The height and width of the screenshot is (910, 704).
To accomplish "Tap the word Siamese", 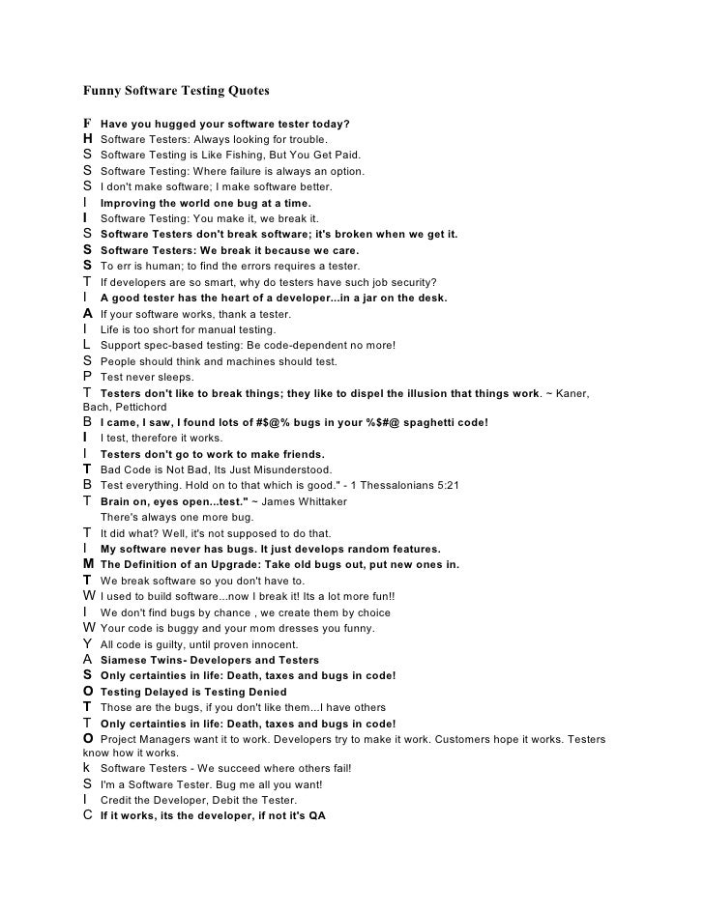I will [125, 660].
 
